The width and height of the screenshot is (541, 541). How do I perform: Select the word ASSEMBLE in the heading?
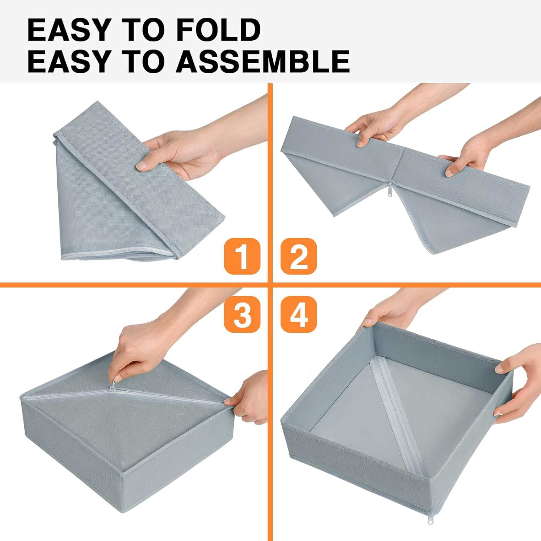coord(263,61)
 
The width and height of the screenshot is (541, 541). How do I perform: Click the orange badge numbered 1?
coord(242,256)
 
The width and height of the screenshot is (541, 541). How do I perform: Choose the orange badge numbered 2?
coord(299,256)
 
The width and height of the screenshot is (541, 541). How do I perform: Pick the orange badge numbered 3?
coord(242,314)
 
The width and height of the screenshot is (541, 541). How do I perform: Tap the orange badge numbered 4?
coord(299,314)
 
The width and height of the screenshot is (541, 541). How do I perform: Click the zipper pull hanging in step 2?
coord(390,189)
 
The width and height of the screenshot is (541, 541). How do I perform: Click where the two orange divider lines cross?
coord(270,285)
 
